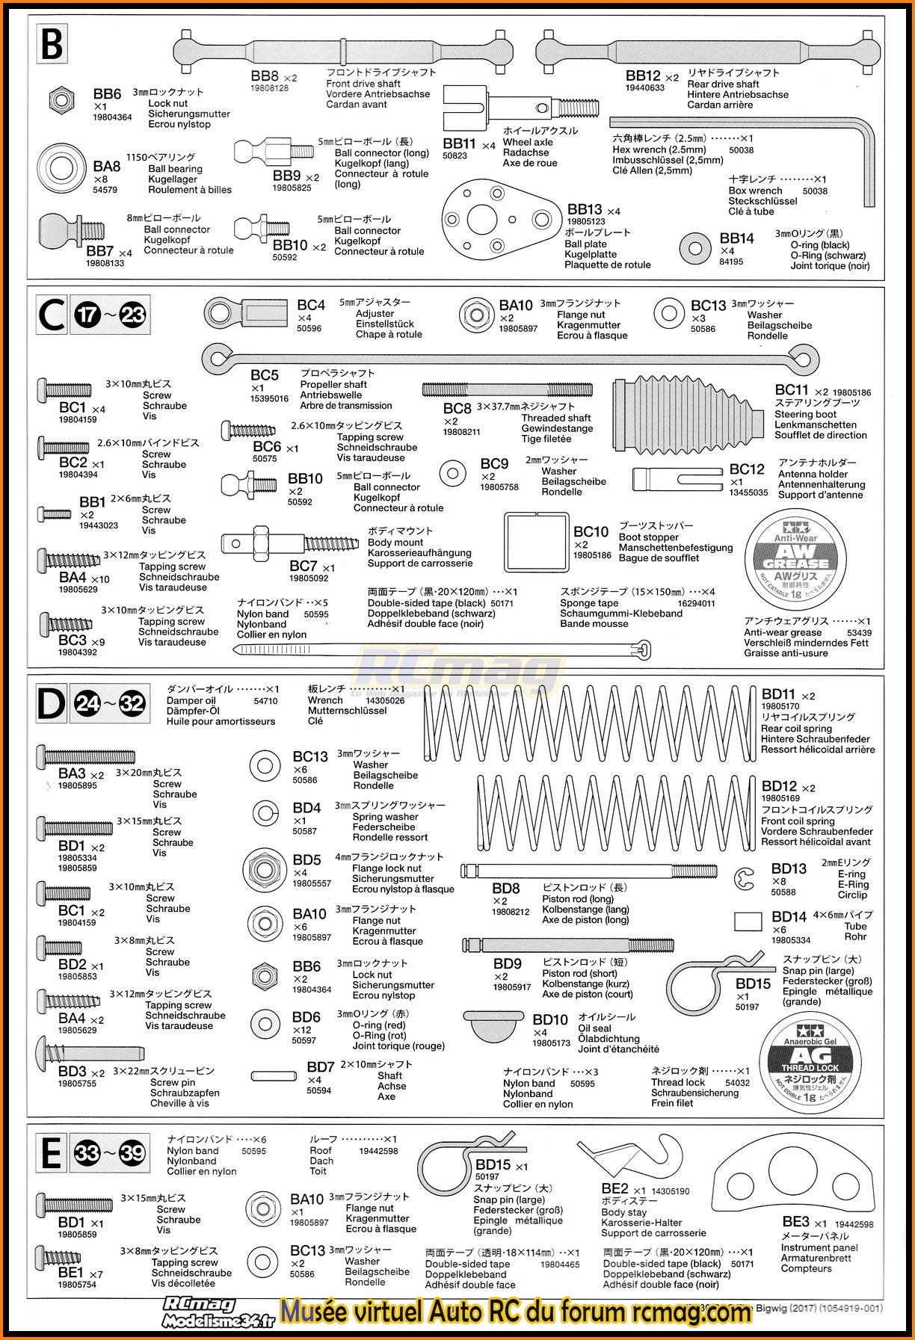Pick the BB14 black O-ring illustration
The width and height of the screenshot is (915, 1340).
695,247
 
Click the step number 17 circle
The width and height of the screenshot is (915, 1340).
87,315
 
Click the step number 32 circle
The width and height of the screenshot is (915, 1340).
132,704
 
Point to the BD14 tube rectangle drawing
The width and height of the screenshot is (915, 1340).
748,921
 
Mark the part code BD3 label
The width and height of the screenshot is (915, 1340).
73,1072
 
